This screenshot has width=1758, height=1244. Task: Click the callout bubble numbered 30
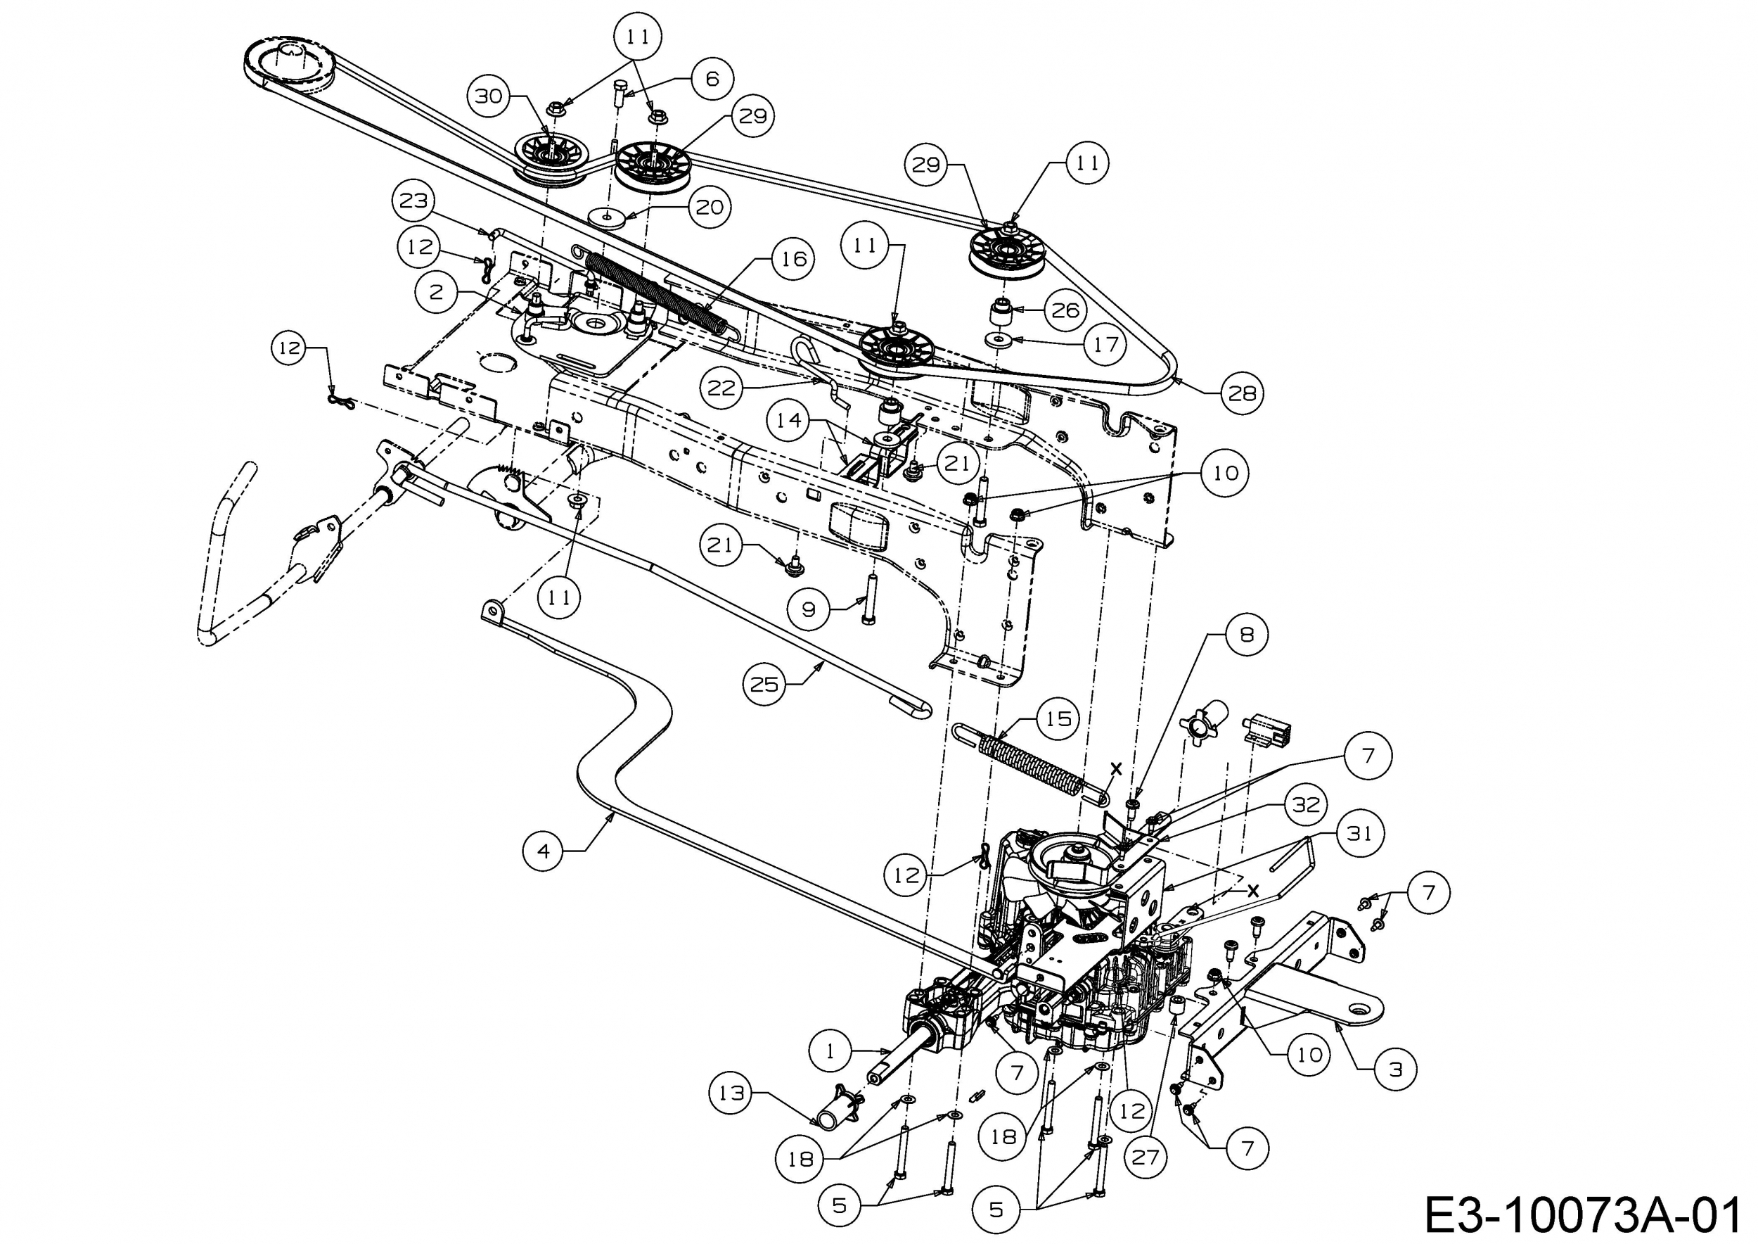click(x=489, y=96)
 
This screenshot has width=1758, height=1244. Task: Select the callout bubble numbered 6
click(x=712, y=79)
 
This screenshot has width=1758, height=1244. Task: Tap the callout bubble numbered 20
click(x=709, y=207)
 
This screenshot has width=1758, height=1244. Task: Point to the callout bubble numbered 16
click(x=793, y=259)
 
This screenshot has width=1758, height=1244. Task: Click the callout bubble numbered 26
click(x=1065, y=310)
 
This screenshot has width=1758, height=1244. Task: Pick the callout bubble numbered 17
click(x=1105, y=345)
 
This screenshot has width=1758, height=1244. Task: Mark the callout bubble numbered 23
click(x=413, y=201)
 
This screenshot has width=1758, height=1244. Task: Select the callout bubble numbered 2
click(x=437, y=292)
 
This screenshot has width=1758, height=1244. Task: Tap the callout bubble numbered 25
click(x=764, y=684)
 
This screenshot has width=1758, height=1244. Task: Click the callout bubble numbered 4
click(x=544, y=850)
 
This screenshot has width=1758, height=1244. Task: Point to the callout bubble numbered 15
click(x=1058, y=718)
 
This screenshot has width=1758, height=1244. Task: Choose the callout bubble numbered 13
click(x=731, y=1093)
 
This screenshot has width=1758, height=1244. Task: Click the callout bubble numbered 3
click(x=1395, y=1070)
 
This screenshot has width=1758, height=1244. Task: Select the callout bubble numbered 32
click(x=1307, y=804)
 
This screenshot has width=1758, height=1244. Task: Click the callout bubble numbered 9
click(x=809, y=610)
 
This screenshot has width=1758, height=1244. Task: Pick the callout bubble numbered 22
click(x=721, y=388)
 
